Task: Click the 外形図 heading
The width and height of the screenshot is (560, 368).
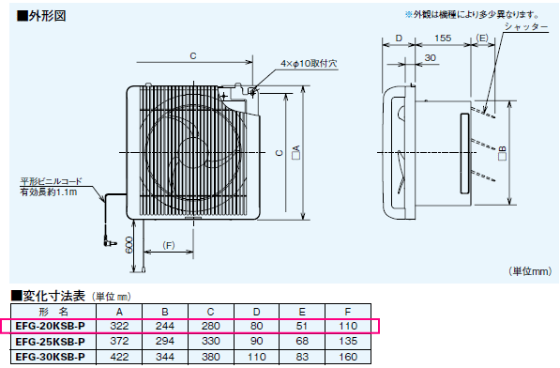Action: [x=41, y=16]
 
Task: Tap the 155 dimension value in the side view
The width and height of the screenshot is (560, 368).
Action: [x=443, y=38]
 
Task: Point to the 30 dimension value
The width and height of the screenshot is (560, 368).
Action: [x=431, y=58]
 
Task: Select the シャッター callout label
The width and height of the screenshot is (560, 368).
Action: [x=526, y=27]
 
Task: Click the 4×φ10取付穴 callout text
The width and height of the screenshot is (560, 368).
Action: [x=309, y=64]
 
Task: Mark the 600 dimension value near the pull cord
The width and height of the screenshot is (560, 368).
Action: [x=129, y=245]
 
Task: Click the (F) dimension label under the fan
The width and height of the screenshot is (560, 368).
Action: [x=169, y=245]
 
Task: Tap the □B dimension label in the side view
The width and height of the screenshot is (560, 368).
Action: [x=502, y=153]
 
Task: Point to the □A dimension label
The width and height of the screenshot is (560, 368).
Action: [x=296, y=152]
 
